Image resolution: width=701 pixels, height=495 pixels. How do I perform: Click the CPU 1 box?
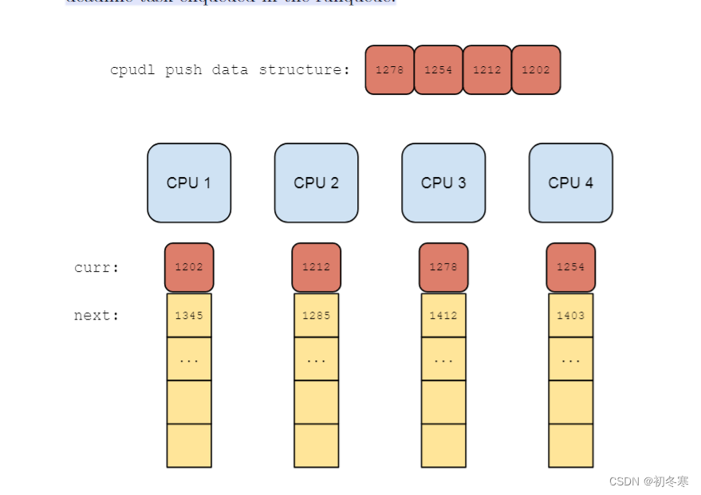(x=189, y=183)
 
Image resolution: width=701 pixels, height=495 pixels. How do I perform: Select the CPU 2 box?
(x=316, y=183)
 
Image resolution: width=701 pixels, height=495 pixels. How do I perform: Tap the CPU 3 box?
(x=443, y=183)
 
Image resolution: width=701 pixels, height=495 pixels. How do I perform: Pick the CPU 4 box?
(x=570, y=183)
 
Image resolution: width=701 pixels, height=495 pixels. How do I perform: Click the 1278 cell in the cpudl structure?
(x=389, y=70)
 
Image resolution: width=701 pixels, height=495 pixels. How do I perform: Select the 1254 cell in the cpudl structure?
(x=438, y=70)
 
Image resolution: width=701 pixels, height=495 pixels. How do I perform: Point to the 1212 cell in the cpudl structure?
(x=486, y=70)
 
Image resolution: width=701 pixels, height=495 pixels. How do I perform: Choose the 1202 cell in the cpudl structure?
(x=535, y=70)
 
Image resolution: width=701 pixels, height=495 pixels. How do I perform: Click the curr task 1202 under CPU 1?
(x=189, y=267)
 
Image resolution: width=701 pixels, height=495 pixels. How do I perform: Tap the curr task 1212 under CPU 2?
(x=316, y=267)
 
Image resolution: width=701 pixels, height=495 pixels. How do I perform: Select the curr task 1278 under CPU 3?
(x=443, y=267)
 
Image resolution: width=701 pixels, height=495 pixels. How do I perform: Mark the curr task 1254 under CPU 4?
(x=570, y=267)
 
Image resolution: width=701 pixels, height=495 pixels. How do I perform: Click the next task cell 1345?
(x=189, y=316)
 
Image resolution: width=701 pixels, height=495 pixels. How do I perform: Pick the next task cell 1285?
(x=316, y=316)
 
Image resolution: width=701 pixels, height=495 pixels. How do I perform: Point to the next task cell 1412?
(x=443, y=316)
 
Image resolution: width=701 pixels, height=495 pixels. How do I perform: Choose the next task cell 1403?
(x=570, y=316)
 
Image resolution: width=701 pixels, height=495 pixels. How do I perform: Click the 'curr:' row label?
(x=96, y=268)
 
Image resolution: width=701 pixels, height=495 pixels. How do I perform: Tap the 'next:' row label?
(x=96, y=316)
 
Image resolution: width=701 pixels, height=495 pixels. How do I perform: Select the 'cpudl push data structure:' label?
(x=230, y=70)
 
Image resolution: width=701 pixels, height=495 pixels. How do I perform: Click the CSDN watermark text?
(x=648, y=481)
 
